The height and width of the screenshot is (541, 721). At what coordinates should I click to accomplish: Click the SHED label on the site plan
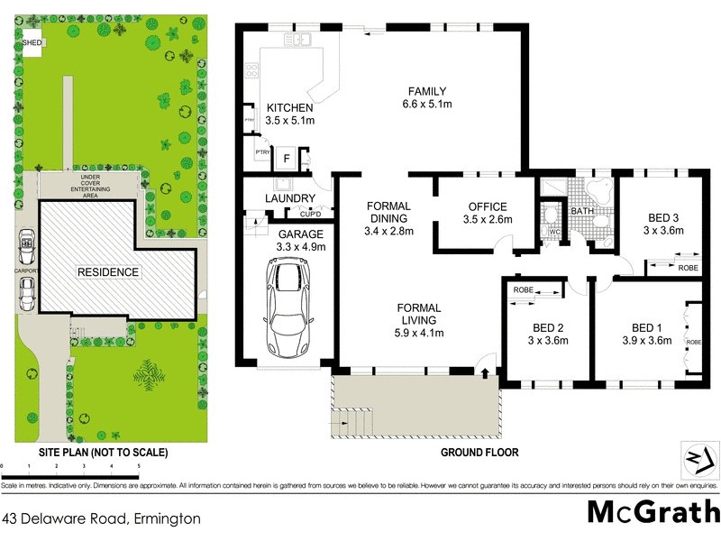[32, 41]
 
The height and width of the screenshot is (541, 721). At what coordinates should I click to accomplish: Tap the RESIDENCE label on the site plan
[107, 271]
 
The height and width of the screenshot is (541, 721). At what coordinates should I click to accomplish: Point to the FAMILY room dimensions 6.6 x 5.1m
[426, 105]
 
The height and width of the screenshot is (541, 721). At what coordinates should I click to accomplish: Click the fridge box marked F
[287, 159]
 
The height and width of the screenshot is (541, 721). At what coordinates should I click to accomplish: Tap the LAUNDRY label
[289, 198]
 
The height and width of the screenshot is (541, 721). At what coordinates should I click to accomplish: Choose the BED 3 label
[665, 217]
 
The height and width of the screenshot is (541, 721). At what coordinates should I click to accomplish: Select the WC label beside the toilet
[554, 231]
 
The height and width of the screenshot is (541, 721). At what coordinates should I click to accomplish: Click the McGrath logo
[653, 510]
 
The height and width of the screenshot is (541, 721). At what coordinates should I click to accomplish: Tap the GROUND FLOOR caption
[479, 452]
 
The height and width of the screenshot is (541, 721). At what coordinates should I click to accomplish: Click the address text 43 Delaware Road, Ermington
[101, 518]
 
